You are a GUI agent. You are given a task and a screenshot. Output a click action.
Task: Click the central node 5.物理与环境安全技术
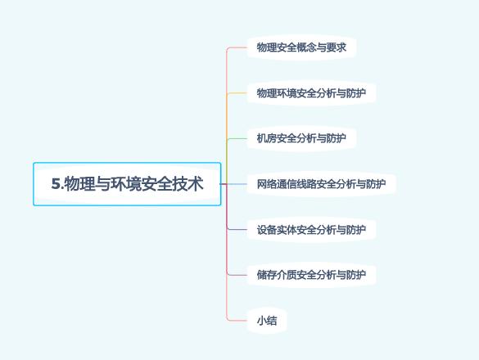(x=127, y=184)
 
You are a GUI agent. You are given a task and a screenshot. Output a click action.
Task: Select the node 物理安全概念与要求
(x=301, y=47)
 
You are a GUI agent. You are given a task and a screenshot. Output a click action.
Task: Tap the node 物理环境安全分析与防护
(x=311, y=93)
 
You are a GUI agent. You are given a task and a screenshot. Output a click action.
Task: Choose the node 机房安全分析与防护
(x=301, y=138)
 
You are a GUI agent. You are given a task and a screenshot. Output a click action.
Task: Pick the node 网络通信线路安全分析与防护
(x=321, y=184)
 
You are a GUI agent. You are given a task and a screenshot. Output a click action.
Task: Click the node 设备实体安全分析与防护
(x=311, y=229)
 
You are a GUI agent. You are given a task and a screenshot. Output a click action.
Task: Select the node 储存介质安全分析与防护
(x=311, y=274)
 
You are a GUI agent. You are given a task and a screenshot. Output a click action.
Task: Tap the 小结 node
(x=267, y=320)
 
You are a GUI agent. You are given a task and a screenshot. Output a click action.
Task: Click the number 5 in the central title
(x=56, y=185)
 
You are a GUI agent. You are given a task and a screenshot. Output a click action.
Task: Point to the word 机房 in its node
(x=266, y=138)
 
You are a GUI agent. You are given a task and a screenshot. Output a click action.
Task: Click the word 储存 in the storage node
(x=266, y=274)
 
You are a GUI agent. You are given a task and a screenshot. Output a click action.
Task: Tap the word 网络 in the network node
(x=266, y=184)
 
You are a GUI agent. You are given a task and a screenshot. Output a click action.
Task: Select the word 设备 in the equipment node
(x=266, y=229)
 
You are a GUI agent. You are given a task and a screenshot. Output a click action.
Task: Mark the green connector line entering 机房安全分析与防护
(x=237, y=138)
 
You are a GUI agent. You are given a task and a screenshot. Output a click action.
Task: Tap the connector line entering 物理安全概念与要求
(x=237, y=47)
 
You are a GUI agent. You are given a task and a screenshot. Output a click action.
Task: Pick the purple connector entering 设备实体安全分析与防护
(x=237, y=229)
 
